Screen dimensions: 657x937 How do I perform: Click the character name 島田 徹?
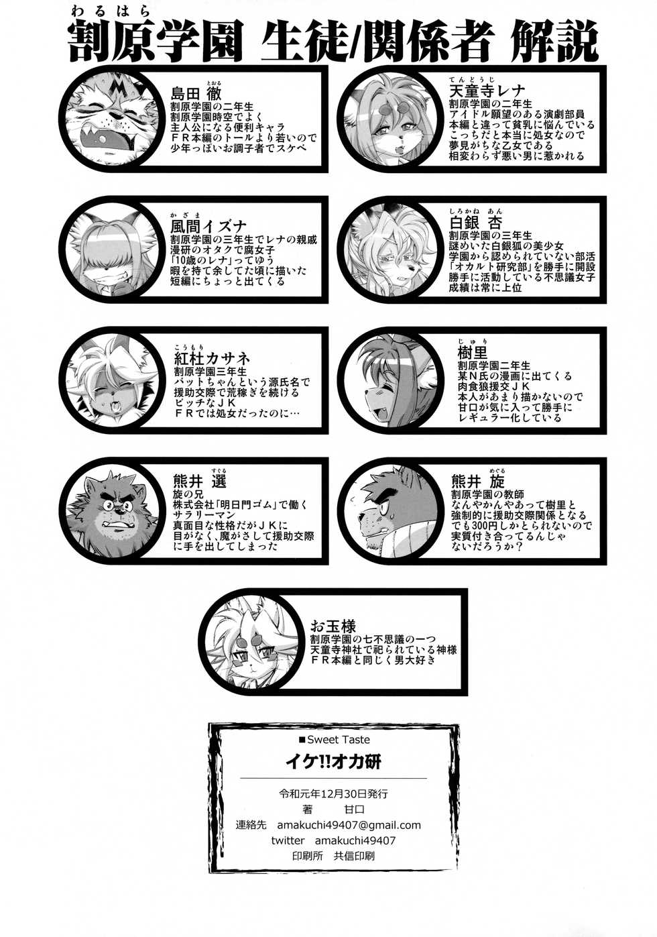tap(196, 93)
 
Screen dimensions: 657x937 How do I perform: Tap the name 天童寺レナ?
tap(487, 91)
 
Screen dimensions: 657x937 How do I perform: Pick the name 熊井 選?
tap(199, 482)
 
